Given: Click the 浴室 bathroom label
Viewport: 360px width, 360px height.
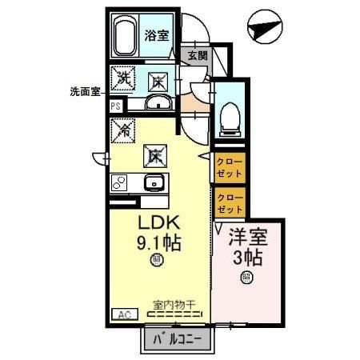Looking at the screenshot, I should click(157, 34).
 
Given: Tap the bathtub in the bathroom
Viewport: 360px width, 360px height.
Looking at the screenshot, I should click(126, 36).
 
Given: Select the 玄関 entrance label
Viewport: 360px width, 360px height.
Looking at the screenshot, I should click(197, 56).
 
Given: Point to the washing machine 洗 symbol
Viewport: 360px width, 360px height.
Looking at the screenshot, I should click(124, 78).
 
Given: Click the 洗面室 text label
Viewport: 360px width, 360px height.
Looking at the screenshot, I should click(84, 91).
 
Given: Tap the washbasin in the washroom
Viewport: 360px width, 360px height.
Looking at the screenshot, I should click(158, 102).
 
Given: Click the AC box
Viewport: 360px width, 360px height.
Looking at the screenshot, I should click(123, 314).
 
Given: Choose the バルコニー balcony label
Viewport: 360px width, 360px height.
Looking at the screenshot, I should click(178, 339).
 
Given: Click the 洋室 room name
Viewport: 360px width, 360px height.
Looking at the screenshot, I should click(246, 238).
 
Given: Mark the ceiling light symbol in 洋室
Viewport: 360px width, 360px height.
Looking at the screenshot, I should click(246, 278).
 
